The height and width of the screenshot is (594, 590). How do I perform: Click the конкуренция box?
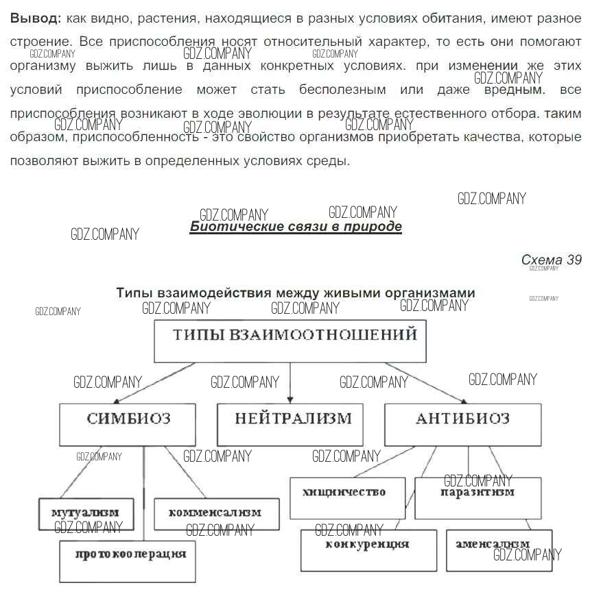368,550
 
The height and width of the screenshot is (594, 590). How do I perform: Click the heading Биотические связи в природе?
296,227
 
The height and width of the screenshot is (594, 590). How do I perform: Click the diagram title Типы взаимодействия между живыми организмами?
296,293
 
